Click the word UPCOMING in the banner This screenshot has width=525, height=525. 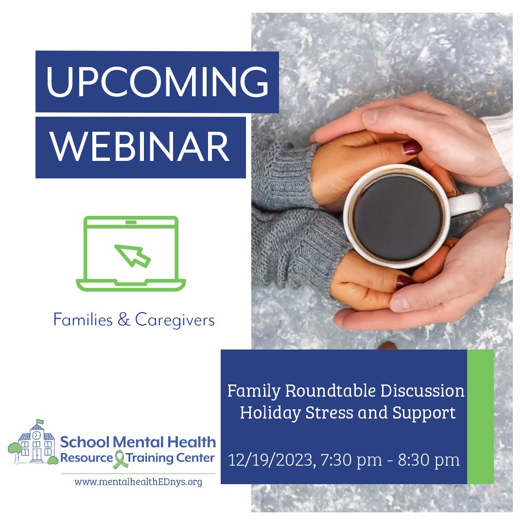click(x=157, y=81)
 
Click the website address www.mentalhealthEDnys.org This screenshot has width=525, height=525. click(x=138, y=482)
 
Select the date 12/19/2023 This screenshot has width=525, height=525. click(x=270, y=459)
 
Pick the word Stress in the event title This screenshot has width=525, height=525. click(x=336, y=413)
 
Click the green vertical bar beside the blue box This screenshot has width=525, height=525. click(x=480, y=417)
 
